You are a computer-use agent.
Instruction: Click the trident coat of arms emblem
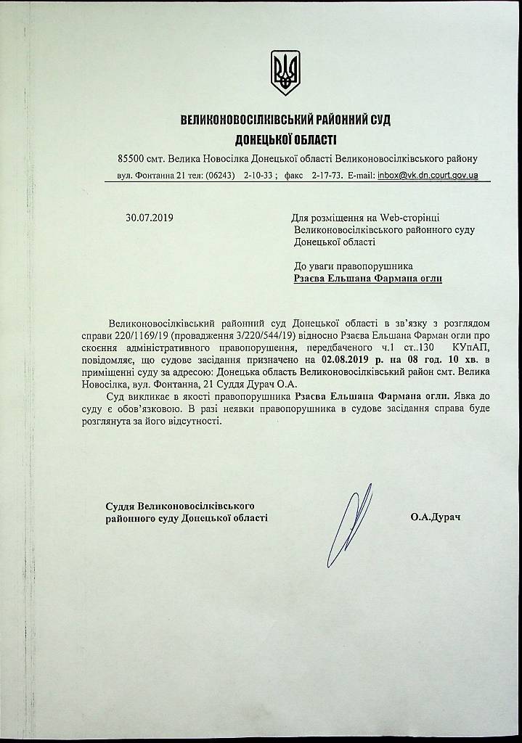[285, 73]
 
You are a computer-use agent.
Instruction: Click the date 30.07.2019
[149, 217]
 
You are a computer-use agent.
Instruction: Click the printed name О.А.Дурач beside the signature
[435, 517]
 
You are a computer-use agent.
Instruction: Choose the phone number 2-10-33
[258, 176]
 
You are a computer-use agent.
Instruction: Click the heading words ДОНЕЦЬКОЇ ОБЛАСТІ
[285, 138]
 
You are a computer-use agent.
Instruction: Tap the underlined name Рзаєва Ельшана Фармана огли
[367, 278]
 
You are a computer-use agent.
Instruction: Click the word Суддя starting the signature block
[120, 505]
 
